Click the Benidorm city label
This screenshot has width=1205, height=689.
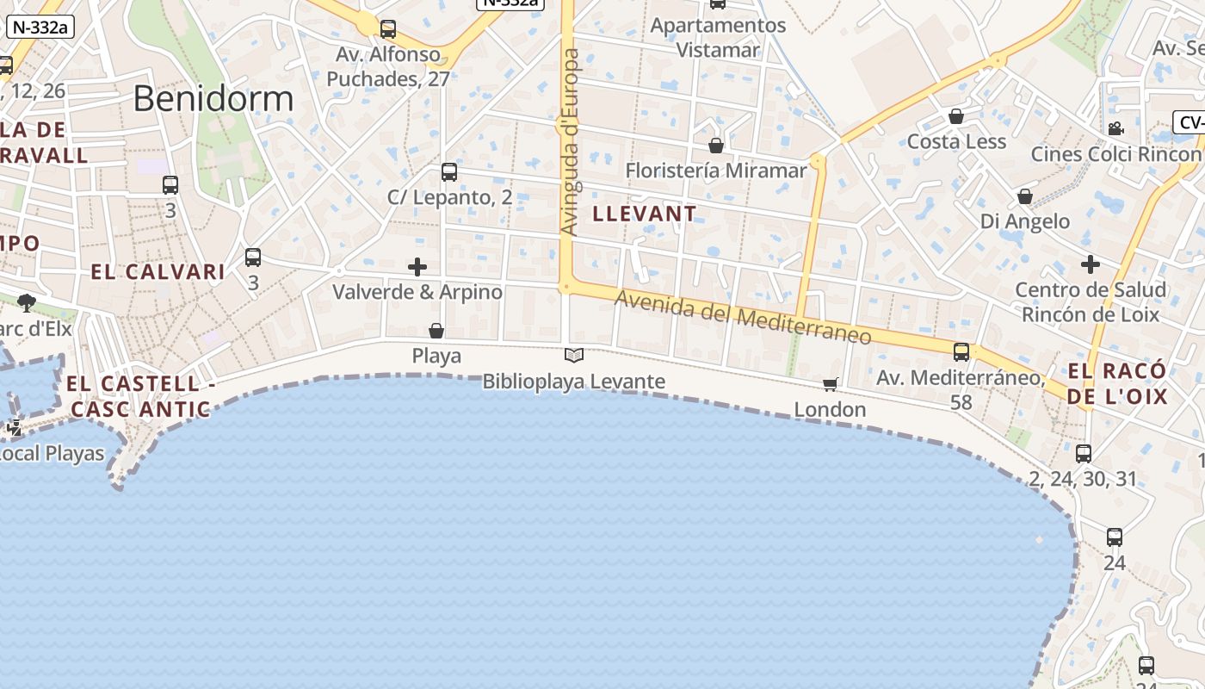213,99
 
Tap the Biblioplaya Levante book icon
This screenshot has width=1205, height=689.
574,355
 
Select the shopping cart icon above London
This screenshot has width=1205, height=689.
830,384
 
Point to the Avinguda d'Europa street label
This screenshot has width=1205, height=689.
571,142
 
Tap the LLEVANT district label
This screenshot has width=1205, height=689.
645,214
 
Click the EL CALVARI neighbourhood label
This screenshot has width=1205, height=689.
158,272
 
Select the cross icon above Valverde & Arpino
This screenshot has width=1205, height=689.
417,267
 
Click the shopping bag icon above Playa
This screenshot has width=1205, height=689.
436,331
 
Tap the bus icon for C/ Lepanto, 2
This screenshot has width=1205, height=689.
449,171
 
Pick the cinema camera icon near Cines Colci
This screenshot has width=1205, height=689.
1115,129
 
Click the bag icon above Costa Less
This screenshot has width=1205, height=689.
956,116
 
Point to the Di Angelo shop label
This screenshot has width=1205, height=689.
1025,221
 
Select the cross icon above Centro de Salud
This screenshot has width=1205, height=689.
1091,264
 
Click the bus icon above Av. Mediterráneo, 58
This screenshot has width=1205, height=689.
961,351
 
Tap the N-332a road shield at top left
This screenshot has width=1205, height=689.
40,27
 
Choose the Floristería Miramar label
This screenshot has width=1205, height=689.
716,171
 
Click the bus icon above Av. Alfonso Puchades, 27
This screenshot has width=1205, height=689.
388,29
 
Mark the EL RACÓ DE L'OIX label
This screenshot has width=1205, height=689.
1118,384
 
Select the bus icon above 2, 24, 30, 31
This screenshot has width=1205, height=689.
1084,454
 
